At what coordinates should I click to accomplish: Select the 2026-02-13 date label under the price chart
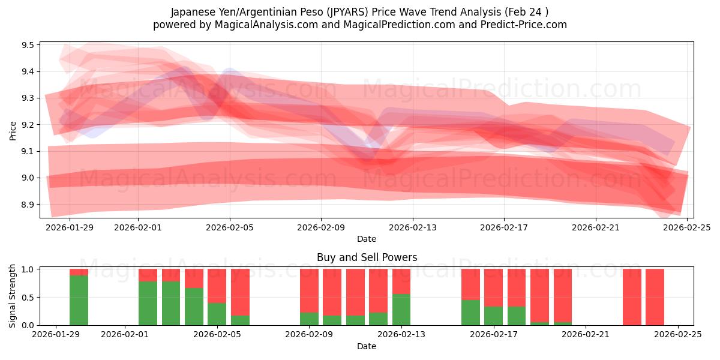point(412,227)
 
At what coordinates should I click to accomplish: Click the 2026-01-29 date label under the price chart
point(70,227)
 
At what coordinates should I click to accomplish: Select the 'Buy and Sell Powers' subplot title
point(367,257)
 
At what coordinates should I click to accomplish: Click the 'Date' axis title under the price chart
point(367,239)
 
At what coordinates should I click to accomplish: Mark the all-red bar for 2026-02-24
point(655,297)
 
